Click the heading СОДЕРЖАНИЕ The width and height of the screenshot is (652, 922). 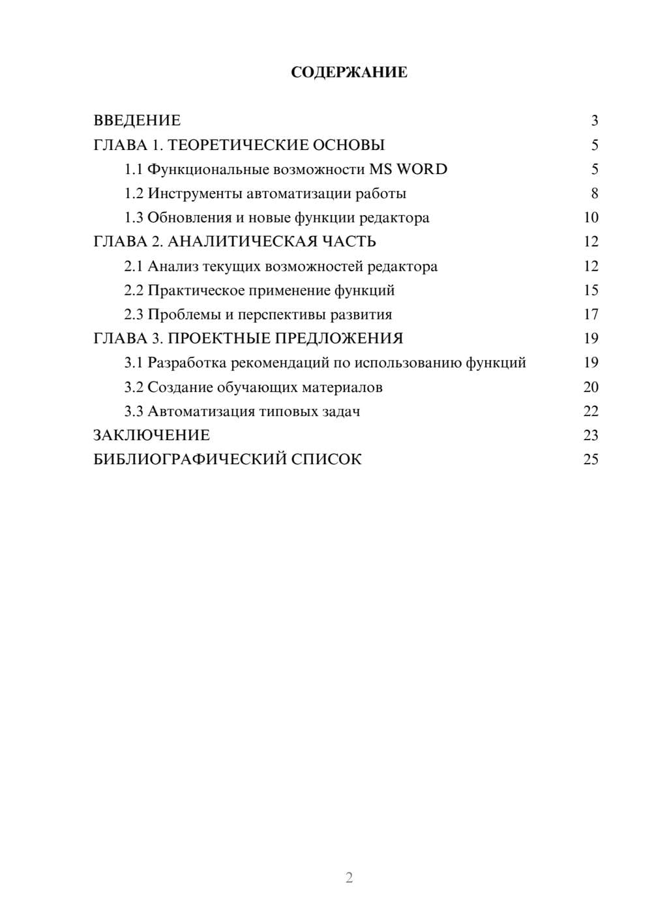pyautogui.click(x=349, y=72)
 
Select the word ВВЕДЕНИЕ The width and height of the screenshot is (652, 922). pyautogui.click(x=137, y=121)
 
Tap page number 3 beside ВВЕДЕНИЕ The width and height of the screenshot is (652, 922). pyautogui.click(x=594, y=121)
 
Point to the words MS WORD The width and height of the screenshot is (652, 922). pyautogui.click(x=408, y=170)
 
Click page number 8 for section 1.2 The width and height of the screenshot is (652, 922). pyautogui.click(x=594, y=194)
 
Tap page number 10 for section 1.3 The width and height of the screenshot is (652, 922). pyautogui.click(x=591, y=218)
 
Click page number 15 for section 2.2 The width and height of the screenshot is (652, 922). pyautogui.click(x=591, y=290)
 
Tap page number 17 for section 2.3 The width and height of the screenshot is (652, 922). pyautogui.click(x=591, y=315)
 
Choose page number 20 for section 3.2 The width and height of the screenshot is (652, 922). pyautogui.click(x=591, y=387)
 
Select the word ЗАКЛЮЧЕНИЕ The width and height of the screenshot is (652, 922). pyautogui.click(x=151, y=436)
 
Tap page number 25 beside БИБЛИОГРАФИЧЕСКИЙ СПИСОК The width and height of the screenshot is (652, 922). pyautogui.click(x=591, y=460)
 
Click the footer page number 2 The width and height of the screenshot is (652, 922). pyautogui.click(x=349, y=878)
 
